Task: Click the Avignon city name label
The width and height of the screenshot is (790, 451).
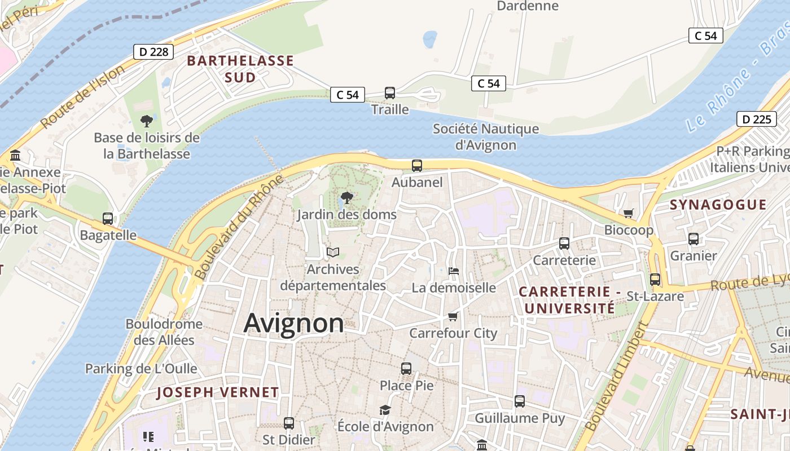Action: pos(293,324)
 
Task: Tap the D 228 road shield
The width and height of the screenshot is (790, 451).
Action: pos(153,52)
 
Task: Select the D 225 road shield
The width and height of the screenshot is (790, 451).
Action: pos(756,119)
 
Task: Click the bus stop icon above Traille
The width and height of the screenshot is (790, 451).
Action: pos(389,93)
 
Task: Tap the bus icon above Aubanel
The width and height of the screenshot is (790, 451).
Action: pos(417,166)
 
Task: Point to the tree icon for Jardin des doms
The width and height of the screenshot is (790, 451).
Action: pos(347,198)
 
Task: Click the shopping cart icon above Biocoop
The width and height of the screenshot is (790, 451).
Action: pos(628,213)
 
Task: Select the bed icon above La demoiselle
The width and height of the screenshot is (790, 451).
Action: pos(453,271)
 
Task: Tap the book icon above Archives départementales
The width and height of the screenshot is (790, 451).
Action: pos(333,253)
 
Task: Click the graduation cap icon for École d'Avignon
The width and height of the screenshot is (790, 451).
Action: pos(385,410)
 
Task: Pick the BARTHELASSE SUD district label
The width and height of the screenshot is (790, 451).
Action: pos(240,69)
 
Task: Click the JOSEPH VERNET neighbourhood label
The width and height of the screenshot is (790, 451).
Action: pos(218,392)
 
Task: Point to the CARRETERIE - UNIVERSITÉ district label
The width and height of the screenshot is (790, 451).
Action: pos(569,300)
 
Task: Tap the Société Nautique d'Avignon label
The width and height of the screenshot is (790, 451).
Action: pos(486,137)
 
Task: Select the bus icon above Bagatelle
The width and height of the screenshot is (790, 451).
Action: pos(108,219)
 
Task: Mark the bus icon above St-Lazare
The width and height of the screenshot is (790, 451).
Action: pos(655,280)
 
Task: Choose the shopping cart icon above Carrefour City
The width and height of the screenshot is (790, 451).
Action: pos(453,317)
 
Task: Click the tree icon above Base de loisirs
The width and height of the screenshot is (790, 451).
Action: pos(147,121)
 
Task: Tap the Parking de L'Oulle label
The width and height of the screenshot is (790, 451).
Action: pos(141,369)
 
